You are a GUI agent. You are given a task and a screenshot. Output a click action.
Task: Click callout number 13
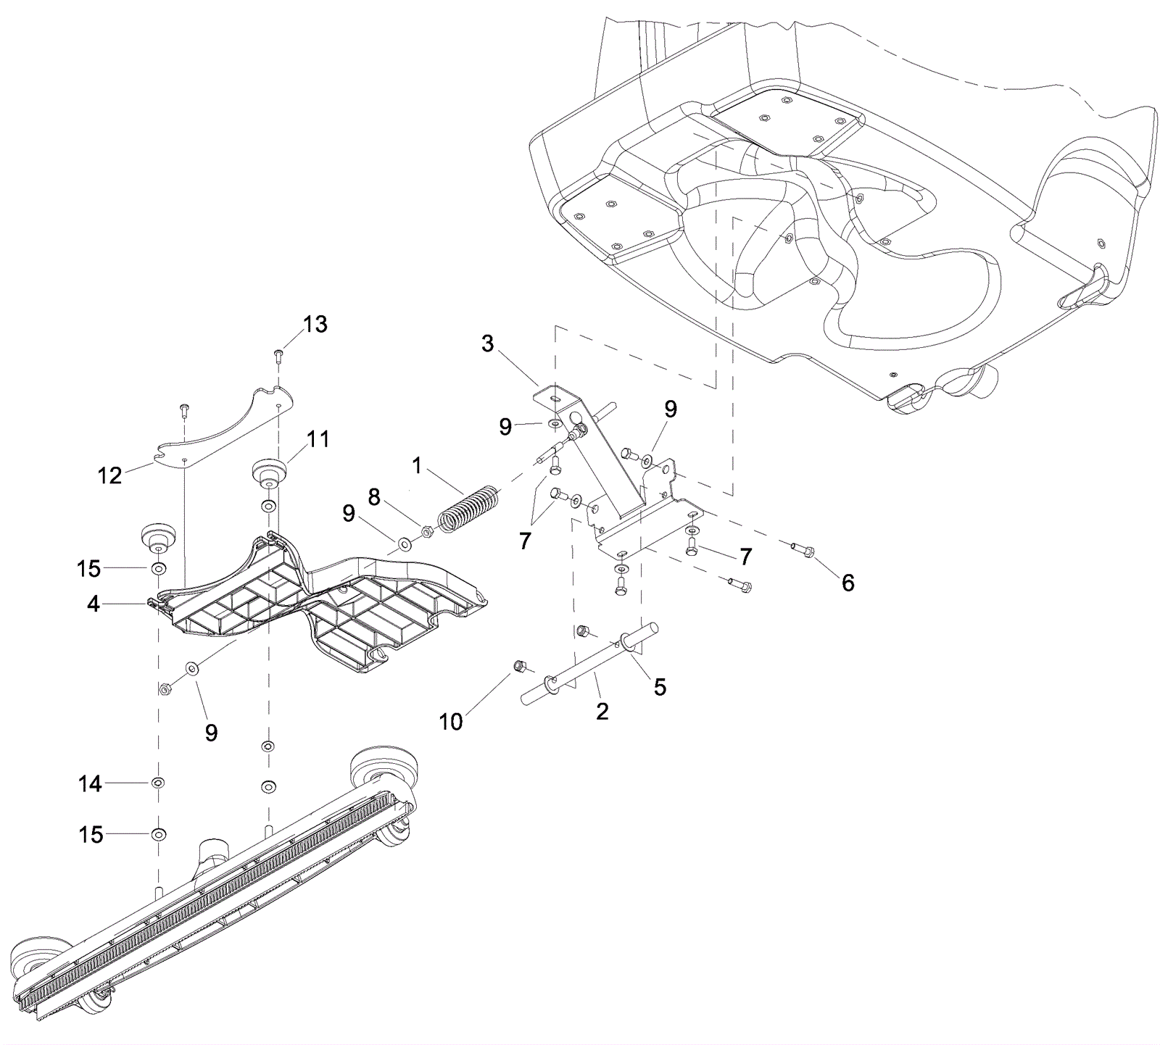(315, 325)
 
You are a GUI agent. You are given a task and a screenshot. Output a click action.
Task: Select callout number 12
(110, 475)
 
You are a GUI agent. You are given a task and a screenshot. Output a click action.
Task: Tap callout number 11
(318, 439)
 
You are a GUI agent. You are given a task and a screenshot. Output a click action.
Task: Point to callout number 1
(416, 466)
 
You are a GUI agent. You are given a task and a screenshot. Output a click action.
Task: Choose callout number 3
(487, 344)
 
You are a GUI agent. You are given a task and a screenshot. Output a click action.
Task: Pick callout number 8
(374, 497)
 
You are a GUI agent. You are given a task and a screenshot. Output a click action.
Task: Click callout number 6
(848, 582)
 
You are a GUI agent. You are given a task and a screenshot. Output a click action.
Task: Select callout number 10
(451, 721)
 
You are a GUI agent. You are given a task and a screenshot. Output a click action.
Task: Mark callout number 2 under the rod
(602, 712)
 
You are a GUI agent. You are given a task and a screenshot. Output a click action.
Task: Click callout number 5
(660, 686)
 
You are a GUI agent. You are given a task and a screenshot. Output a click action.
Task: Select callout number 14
(90, 783)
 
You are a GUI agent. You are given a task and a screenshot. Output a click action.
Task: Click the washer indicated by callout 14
(157, 783)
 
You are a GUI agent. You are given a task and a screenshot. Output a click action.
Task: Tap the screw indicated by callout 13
(279, 354)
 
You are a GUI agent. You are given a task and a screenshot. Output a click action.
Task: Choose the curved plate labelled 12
(225, 430)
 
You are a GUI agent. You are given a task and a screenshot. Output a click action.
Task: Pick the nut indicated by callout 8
(428, 533)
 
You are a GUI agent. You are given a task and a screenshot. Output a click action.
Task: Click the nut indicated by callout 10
(519, 665)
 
